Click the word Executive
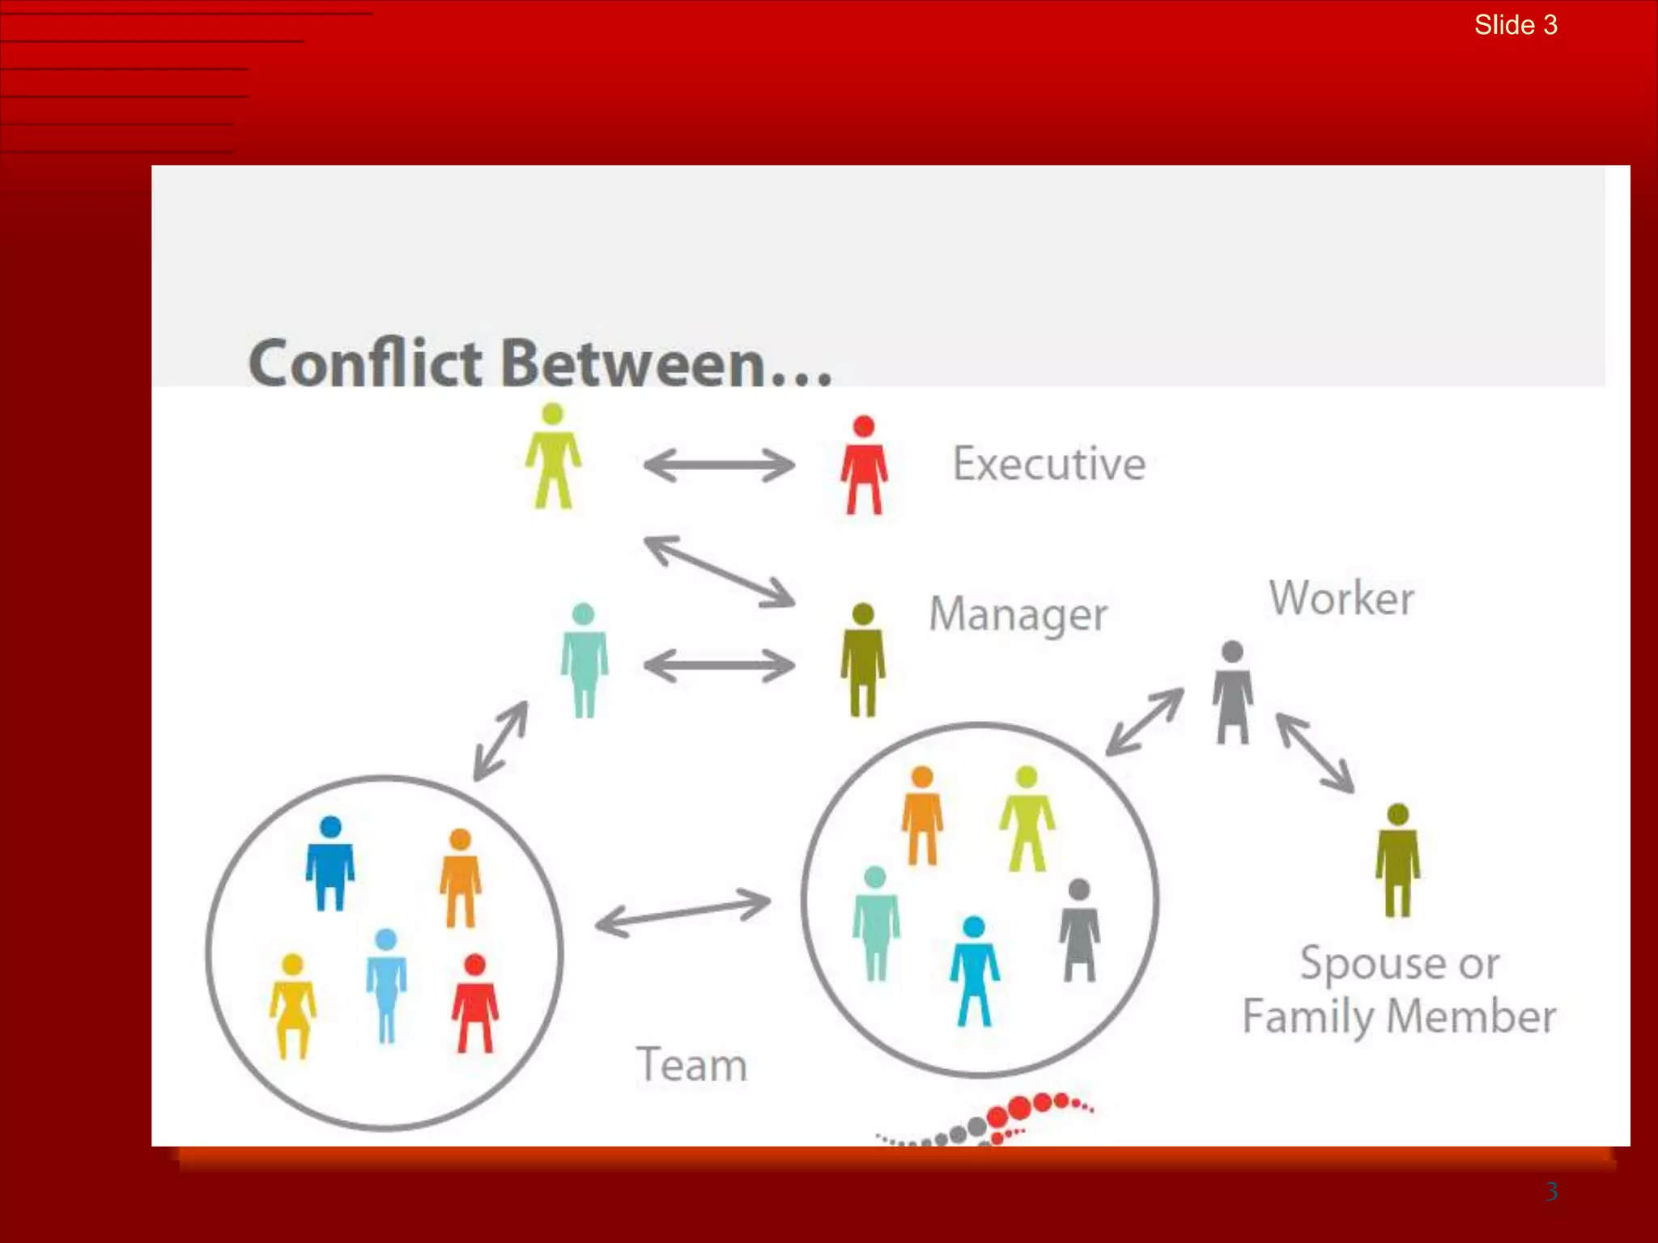coord(1049,464)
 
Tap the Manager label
coord(1018,614)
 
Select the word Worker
coord(1341,599)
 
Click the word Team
coord(691,1065)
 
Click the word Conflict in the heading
coord(365,363)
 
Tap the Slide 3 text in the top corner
coord(1516,25)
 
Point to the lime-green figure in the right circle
coord(1027,818)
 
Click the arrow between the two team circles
coord(683,913)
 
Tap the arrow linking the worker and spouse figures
coord(1315,753)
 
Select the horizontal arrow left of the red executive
coord(719,466)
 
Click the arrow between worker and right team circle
coord(1145,721)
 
